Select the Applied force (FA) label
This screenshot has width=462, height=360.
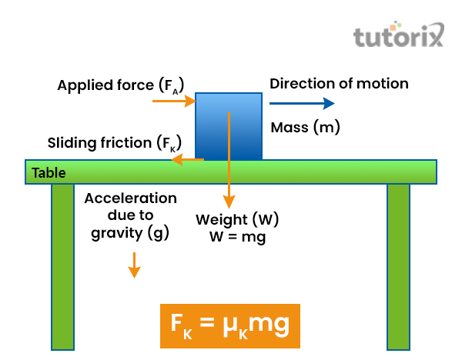coord(121,85)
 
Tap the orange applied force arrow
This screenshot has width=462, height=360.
coord(174,101)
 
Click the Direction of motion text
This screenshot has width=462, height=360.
coord(339,83)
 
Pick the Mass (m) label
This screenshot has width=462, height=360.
coord(306,127)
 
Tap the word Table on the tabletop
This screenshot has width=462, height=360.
coord(49,173)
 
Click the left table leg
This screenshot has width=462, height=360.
coord(63,265)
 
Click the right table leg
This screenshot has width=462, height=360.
coord(398,265)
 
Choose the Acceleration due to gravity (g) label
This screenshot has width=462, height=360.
coord(130,215)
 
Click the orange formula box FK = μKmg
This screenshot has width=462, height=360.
coord(227,326)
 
